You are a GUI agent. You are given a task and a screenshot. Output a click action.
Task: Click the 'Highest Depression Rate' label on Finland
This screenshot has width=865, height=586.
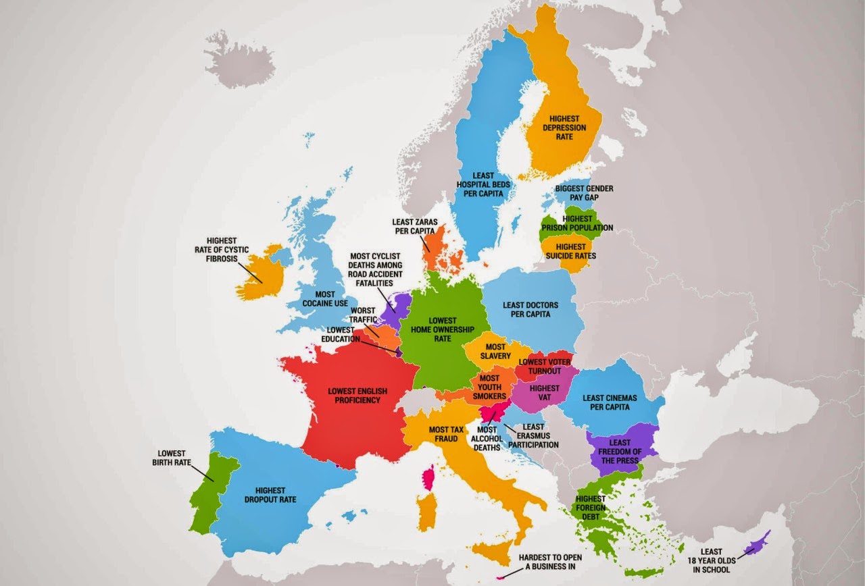pyautogui.click(x=564, y=128)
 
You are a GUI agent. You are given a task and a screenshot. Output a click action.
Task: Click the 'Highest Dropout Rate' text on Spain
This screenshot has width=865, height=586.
pyautogui.click(x=270, y=495)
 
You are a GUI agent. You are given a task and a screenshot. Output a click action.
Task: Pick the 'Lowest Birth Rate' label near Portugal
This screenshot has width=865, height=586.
pyautogui.click(x=171, y=458)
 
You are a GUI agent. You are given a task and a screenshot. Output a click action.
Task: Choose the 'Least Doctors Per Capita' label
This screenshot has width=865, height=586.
pyautogui.click(x=531, y=309)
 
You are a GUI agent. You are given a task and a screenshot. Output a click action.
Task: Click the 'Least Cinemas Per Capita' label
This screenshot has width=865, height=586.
pyautogui.click(x=605, y=402)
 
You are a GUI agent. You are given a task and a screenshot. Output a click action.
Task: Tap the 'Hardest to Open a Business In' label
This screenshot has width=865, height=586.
pyautogui.click(x=550, y=562)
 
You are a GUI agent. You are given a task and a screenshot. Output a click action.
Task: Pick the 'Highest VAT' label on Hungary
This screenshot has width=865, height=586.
pyautogui.click(x=545, y=392)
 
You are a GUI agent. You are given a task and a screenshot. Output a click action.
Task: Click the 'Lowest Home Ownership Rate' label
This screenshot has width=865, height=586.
pyautogui.click(x=443, y=329)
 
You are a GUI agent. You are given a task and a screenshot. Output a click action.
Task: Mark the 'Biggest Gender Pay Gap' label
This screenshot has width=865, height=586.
pyautogui.click(x=584, y=192)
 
